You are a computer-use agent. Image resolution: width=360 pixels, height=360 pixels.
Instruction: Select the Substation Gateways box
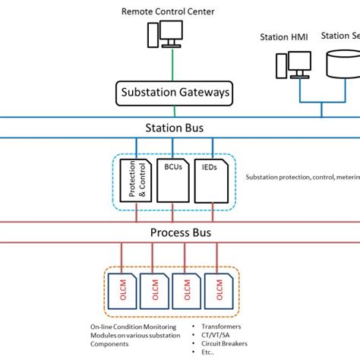pyautogui.click(x=174, y=94)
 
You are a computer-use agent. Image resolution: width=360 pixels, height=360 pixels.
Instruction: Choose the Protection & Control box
pyautogui.click(x=136, y=182)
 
